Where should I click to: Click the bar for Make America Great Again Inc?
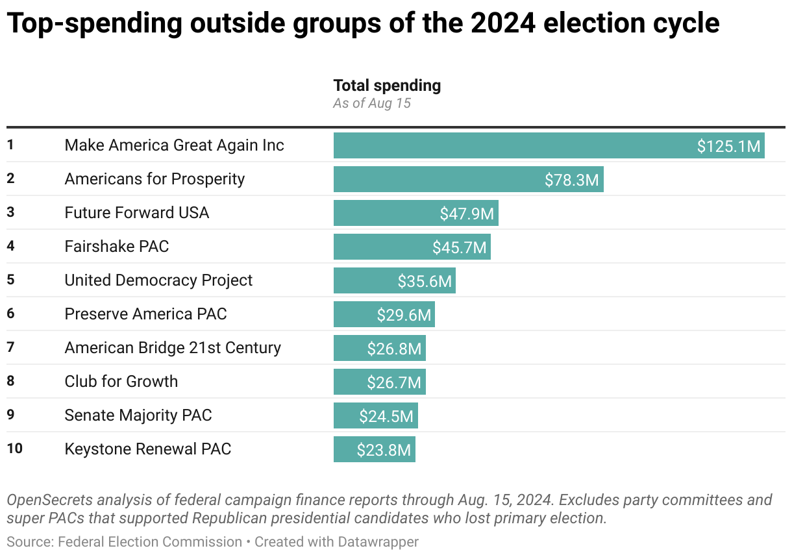coord(513,145)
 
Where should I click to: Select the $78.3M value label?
coord(571,180)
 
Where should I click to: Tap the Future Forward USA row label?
coord(136,213)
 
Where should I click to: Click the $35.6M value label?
coord(425,281)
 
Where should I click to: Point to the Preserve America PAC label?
coord(145,314)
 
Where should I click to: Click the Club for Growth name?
coord(121,382)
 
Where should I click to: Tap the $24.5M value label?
coord(386,416)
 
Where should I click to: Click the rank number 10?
coord(14,449)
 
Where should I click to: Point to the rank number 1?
coord(10,145)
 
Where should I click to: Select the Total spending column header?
coord(387,86)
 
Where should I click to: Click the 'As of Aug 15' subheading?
coord(372,103)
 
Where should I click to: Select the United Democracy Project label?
coord(158,280)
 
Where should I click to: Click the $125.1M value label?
coord(728,146)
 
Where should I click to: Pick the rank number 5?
coord(10,280)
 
